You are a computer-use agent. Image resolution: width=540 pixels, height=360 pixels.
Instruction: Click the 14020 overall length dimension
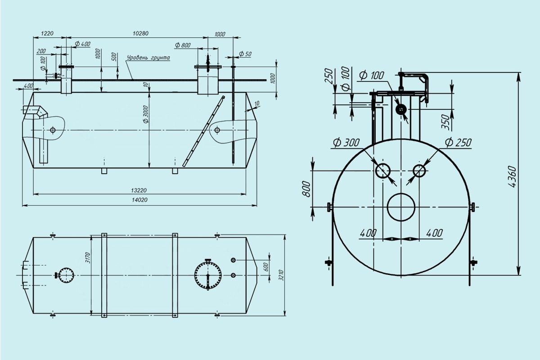coord(140,200)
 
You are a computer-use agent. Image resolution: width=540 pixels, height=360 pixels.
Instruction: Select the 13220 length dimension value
coord(139,190)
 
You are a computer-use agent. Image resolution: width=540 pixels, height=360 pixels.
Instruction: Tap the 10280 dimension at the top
coord(140,33)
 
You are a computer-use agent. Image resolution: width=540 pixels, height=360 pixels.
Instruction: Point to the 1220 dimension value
coord(47,33)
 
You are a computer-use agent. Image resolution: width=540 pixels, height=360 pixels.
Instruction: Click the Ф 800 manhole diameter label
coord(183,45)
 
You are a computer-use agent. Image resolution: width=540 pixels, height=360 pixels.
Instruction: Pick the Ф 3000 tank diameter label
coord(146,114)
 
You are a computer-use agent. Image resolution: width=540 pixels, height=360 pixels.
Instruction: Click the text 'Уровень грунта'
coord(148,58)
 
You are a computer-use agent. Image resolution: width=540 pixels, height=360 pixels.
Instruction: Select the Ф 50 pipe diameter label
coord(245,54)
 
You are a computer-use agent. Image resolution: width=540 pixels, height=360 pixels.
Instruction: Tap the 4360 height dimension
coord(512,176)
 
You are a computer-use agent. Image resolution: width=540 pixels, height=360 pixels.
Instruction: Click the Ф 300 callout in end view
coord(346,143)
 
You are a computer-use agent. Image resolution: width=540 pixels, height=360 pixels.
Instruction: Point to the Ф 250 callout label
coord(458,143)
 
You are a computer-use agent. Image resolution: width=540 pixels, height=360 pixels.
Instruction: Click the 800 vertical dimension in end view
coord(306,189)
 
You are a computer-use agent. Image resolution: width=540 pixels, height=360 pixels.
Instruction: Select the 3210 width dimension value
coord(281,275)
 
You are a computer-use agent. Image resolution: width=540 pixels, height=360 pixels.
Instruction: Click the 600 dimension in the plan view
coord(265,267)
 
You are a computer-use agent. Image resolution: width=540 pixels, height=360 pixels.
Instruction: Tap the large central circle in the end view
coord(401,193)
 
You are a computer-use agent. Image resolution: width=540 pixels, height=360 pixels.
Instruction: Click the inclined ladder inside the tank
coord(204,131)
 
